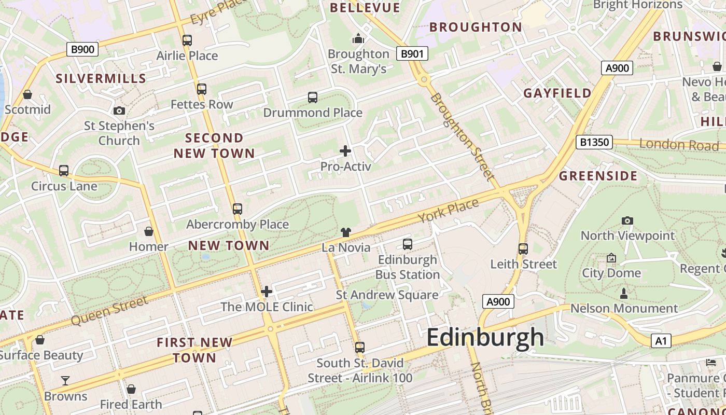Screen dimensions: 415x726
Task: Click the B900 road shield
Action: point(82,50)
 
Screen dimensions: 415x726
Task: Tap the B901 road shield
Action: point(412,53)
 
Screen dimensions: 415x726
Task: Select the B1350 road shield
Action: point(594,142)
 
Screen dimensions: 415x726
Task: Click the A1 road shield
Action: point(660,341)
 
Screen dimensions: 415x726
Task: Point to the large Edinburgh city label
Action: point(485,338)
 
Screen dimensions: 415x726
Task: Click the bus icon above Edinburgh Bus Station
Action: point(408,244)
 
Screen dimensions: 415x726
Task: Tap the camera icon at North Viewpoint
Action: point(627,221)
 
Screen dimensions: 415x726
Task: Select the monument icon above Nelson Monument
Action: point(624,294)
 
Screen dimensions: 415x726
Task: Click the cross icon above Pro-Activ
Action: point(345,151)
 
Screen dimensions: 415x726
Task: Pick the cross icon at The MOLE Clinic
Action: point(267,292)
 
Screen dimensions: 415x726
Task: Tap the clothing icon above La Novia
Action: point(346,232)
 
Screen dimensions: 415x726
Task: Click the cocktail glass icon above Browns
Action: point(65,381)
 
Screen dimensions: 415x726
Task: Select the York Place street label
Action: point(448,211)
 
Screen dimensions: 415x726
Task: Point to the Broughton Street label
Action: point(462,136)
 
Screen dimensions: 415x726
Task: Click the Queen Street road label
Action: point(109,310)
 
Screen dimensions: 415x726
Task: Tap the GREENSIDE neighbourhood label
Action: point(597,176)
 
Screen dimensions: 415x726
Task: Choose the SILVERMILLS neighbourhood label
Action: point(101,79)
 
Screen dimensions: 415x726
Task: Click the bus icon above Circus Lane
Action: point(64,171)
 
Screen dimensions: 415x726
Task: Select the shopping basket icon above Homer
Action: point(149,231)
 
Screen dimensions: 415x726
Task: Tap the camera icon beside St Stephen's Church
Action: point(119,110)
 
